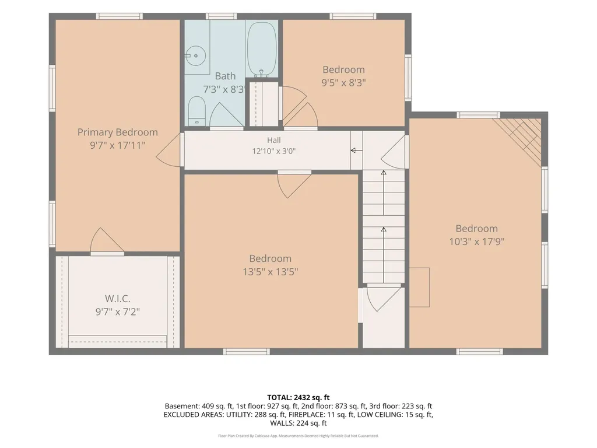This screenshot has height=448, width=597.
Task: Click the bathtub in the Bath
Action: [262, 50]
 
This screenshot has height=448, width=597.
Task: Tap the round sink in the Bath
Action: [196, 55]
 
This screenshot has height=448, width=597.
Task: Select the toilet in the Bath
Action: [197, 110]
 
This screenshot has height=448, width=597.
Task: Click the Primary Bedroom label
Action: [118, 132]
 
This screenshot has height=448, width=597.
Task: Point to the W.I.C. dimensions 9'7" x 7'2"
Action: [118, 311]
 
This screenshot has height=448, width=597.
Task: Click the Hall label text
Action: [274, 140]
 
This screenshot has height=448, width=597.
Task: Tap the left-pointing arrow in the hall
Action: [356, 150]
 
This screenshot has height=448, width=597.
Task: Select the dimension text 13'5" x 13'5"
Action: [271, 272]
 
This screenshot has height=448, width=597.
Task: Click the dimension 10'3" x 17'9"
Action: [477, 242]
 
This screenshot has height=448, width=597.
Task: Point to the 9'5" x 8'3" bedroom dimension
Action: [343, 83]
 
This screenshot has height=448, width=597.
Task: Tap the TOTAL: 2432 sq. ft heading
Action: [298, 398]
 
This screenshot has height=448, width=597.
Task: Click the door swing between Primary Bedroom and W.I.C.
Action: [106, 241]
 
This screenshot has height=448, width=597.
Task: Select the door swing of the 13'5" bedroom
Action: [294, 185]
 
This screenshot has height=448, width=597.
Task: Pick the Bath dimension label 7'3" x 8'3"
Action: [223, 89]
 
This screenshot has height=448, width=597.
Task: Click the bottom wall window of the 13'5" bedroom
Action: [247, 352]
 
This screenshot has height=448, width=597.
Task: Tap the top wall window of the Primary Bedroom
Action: [119, 16]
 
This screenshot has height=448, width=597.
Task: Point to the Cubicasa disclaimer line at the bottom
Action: [298, 436]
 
